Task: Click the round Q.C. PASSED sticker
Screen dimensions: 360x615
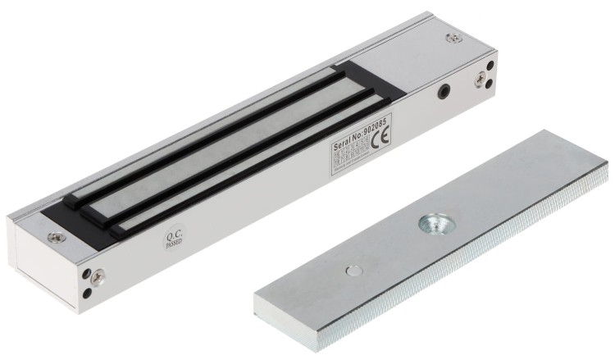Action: (175, 238)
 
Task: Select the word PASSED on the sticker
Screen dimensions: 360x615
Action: (175, 244)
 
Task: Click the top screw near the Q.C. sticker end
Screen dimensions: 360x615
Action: (55, 238)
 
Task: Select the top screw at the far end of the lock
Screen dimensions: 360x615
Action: (453, 37)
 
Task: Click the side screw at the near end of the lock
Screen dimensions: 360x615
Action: (98, 276)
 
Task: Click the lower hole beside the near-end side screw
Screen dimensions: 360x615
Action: (88, 292)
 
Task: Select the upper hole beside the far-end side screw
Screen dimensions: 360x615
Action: (490, 66)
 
